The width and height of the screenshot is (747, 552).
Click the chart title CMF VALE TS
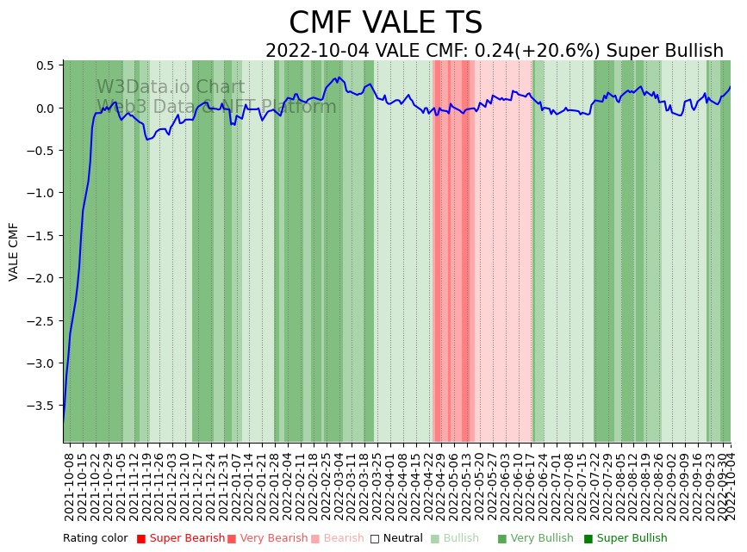385,23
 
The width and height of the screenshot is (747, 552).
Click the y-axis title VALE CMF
14,251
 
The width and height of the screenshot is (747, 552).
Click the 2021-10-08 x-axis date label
70,487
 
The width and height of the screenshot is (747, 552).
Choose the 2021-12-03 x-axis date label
171,487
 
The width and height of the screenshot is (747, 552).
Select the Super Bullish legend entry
632,539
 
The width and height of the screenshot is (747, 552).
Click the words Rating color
95,539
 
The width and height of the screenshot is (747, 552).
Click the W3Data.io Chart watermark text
171,87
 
